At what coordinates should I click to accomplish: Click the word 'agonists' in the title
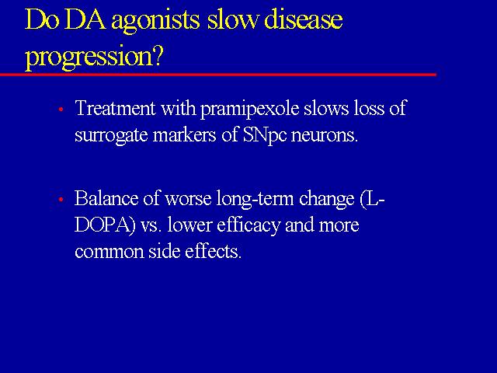tap(155, 22)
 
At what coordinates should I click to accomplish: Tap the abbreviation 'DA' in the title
tap(85, 19)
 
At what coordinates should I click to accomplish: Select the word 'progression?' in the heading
tap(94, 58)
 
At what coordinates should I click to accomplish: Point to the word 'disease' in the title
tap(303, 19)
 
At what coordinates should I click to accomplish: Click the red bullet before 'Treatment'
tap(61, 110)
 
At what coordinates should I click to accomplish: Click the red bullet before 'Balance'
tap(61, 199)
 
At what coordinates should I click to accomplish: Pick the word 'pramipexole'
tap(250, 110)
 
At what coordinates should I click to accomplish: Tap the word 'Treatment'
tap(115, 107)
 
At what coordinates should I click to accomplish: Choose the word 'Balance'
tap(106, 198)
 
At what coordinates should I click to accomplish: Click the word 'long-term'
tap(255, 200)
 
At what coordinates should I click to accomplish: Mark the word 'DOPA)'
tap(105, 225)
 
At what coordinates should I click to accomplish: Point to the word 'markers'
tap(184, 135)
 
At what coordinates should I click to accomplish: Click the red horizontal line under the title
tap(218, 75)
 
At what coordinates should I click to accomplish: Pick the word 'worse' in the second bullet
tap(188, 200)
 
